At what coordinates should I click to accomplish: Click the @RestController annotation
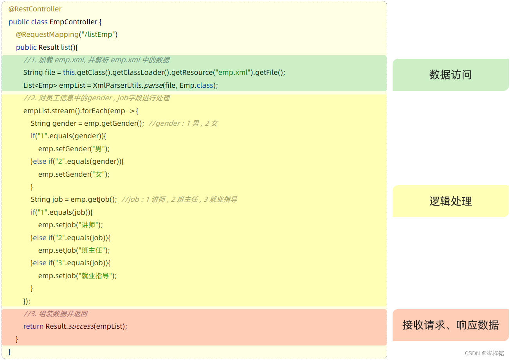point(35,9)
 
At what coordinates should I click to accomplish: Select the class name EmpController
point(73,22)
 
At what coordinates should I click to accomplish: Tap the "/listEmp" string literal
point(98,34)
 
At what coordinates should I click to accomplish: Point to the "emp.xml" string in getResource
point(232,72)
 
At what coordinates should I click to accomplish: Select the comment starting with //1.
point(96,60)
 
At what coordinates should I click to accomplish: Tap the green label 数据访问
point(450,75)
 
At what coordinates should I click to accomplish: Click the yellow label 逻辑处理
point(450,201)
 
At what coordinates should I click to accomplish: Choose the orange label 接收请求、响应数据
point(450,325)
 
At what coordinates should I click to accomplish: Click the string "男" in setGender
point(99,149)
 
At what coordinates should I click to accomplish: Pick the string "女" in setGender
point(99,174)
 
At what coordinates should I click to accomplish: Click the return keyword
point(33,326)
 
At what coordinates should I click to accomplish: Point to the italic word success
point(81,326)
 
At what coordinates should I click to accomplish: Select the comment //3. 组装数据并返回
point(55,314)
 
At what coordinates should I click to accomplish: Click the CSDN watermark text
point(484,353)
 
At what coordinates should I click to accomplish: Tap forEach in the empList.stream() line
point(95,111)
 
